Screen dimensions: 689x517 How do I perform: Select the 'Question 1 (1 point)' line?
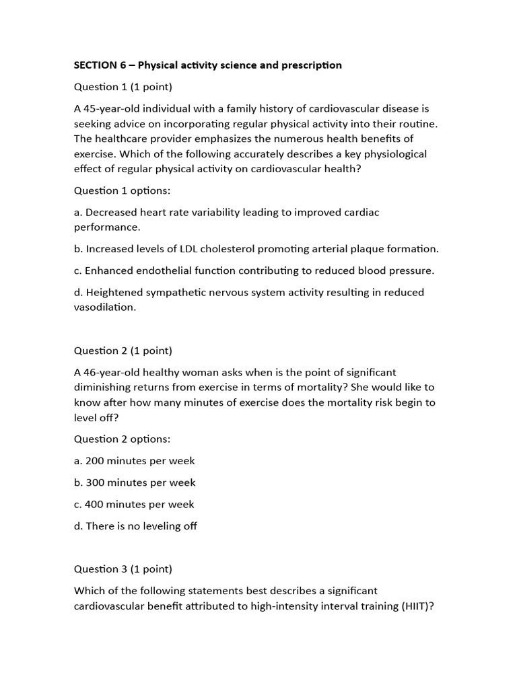[x=123, y=87]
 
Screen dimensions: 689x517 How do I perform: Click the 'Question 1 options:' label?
[x=122, y=190]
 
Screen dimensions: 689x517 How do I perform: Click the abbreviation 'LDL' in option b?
[x=180, y=249]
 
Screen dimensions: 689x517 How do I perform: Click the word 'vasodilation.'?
[x=105, y=307]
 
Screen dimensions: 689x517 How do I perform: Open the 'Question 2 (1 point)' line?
[x=123, y=351]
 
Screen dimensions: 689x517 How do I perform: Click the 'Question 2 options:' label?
[x=122, y=439]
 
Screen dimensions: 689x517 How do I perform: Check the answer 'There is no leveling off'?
[x=141, y=526]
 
